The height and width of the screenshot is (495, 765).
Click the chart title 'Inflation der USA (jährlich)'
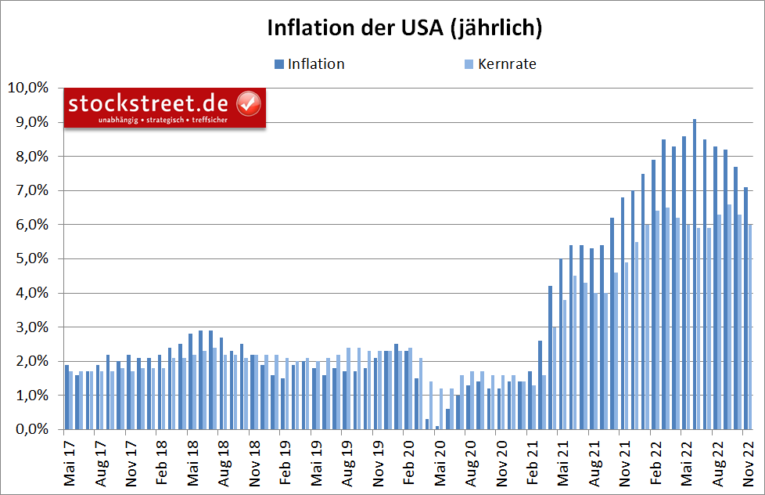click(x=404, y=28)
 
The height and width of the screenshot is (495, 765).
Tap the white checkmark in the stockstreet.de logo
click(x=248, y=103)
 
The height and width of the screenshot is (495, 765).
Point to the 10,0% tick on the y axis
click(x=28, y=88)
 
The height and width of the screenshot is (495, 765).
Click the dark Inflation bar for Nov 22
click(x=746, y=309)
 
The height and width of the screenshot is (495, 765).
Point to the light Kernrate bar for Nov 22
click(x=751, y=327)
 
